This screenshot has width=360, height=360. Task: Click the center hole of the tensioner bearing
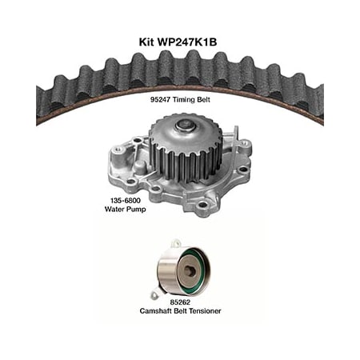[190, 270]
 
